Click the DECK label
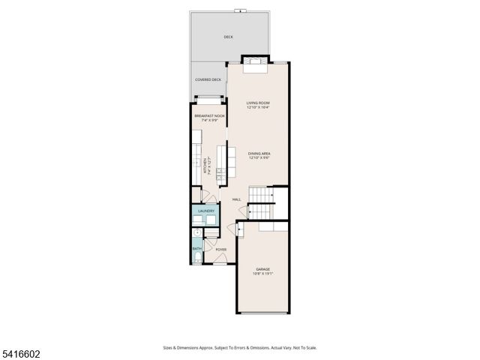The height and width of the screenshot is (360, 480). click(x=228, y=37)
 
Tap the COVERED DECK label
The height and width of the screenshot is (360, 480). click(x=208, y=79)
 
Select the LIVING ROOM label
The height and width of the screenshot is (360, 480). click(x=258, y=103)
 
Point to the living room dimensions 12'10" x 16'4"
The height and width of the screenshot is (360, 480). click(x=258, y=108)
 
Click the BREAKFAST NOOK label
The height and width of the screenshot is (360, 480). click(x=209, y=116)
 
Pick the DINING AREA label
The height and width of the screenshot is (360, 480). click(x=259, y=154)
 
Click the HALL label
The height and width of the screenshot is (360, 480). click(x=236, y=199)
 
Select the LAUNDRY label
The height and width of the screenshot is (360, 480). click(x=205, y=211)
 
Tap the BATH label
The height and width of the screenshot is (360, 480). click(x=196, y=248)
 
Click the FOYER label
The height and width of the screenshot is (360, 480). click(x=221, y=250)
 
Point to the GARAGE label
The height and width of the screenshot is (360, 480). click(x=262, y=269)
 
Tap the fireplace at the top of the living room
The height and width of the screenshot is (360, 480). click(x=253, y=61)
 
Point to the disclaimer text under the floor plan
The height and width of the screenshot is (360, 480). click(x=240, y=348)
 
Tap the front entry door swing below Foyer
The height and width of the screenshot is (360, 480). click(x=219, y=259)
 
